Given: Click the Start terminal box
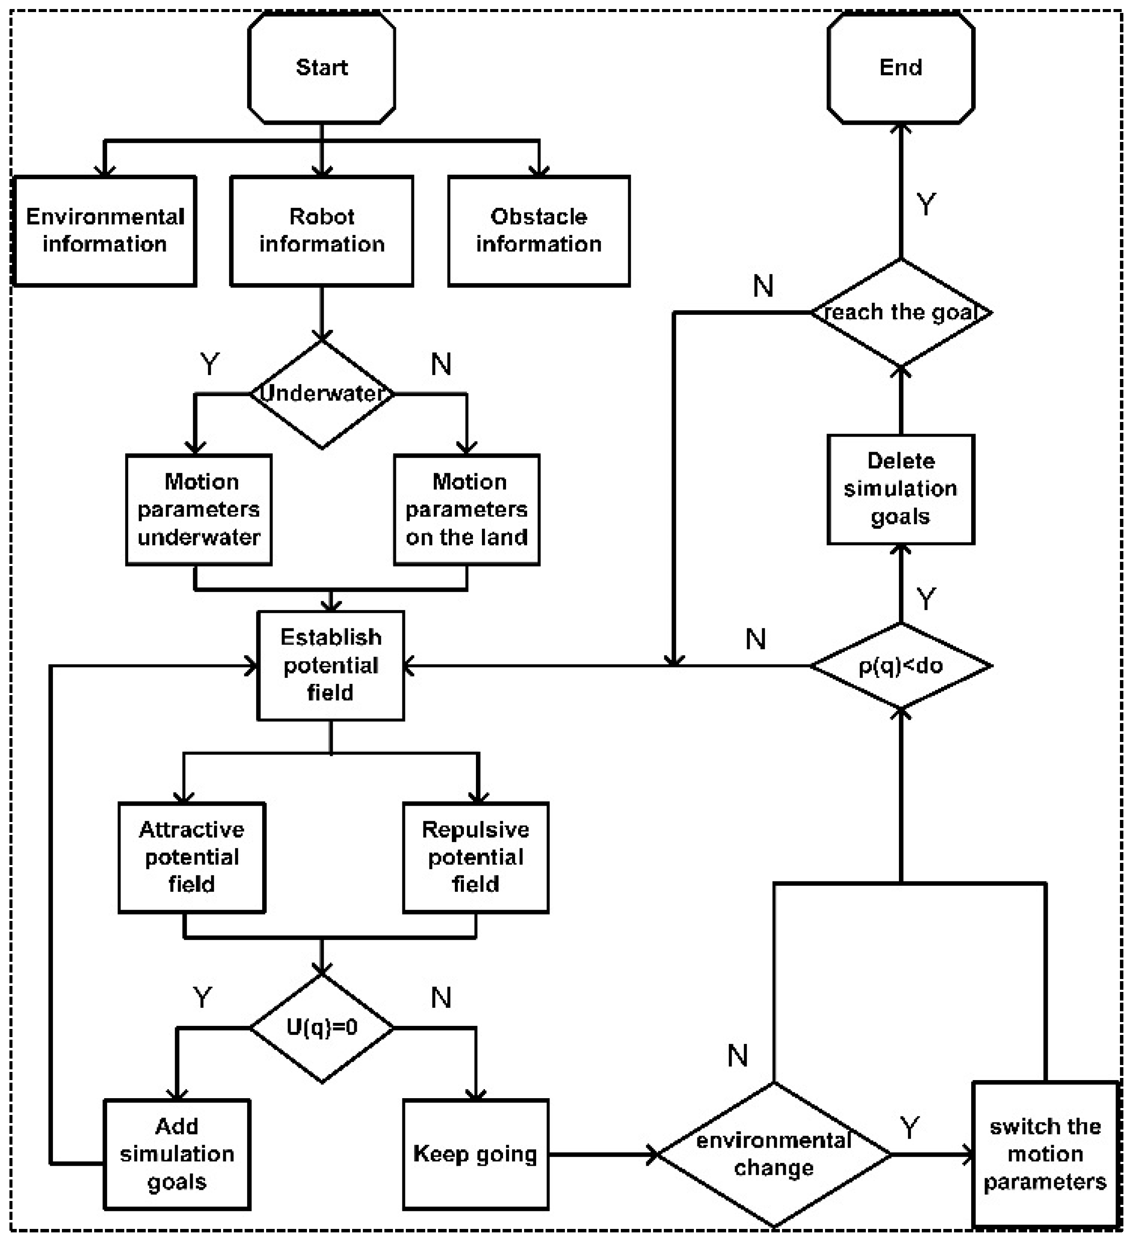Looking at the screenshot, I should point(322,68).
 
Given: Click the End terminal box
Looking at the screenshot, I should point(901,68).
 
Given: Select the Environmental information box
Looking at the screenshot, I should point(105,231).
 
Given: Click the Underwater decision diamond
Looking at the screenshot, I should point(322,394).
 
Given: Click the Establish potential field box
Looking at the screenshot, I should point(331,665).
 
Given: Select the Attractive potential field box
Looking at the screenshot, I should point(192,857).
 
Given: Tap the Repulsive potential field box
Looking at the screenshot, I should point(475,857).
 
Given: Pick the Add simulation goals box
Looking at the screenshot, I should point(177,1154).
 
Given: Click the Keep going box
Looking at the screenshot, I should point(475,1154).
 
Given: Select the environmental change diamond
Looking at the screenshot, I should point(774,1154).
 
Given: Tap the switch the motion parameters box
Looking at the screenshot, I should point(1046,1154).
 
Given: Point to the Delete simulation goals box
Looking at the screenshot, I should point(901,489).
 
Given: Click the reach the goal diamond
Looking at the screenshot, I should point(901,312).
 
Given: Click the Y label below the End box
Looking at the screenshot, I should point(926,204).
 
